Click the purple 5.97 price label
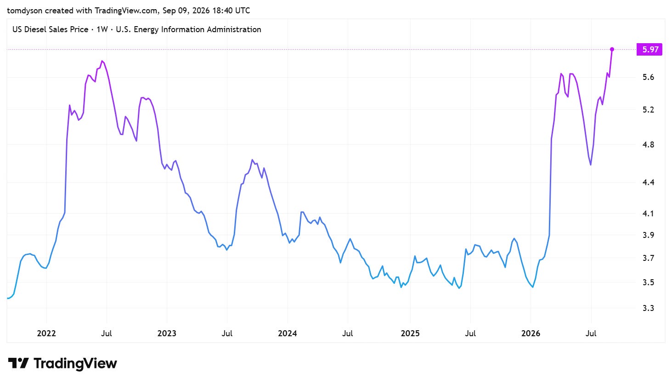(x=649, y=49)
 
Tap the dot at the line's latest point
(x=612, y=49)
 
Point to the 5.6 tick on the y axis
(x=648, y=78)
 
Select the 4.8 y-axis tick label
(x=648, y=145)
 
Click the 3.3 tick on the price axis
(x=648, y=308)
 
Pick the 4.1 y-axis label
(x=648, y=214)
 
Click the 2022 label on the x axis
(x=46, y=333)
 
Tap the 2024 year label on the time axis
(x=288, y=333)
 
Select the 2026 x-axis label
(x=531, y=333)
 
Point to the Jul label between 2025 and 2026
(x=470, y=333)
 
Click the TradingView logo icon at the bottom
(x=18, y=363)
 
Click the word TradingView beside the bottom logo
(x=75, y=363)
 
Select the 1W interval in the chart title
(x=102, y=29)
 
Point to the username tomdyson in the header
(x=25, y=11)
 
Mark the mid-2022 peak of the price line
(x=102, y=61)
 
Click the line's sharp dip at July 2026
(x=590, y=165)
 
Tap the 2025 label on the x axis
(x=410, y=333)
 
